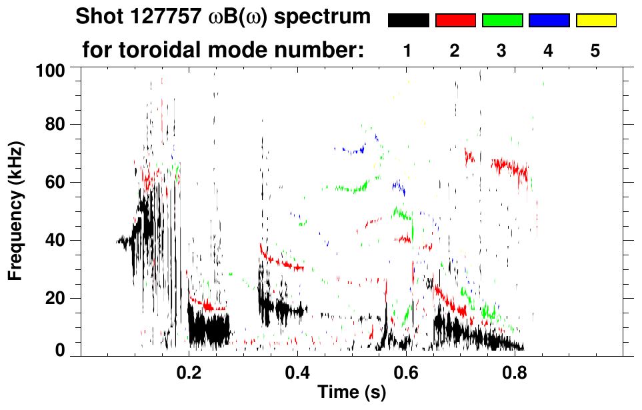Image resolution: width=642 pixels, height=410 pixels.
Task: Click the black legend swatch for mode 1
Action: [409, 21]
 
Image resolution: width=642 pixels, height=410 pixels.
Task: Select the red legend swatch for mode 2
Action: [455, 21]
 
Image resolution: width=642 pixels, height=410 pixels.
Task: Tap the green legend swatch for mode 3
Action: [502, 21]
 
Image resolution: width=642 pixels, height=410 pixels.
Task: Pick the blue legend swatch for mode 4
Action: [549, 21]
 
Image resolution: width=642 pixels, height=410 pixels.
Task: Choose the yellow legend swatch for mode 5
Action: [595, 21]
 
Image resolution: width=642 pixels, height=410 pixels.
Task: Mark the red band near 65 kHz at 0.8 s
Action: [510, 166]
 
